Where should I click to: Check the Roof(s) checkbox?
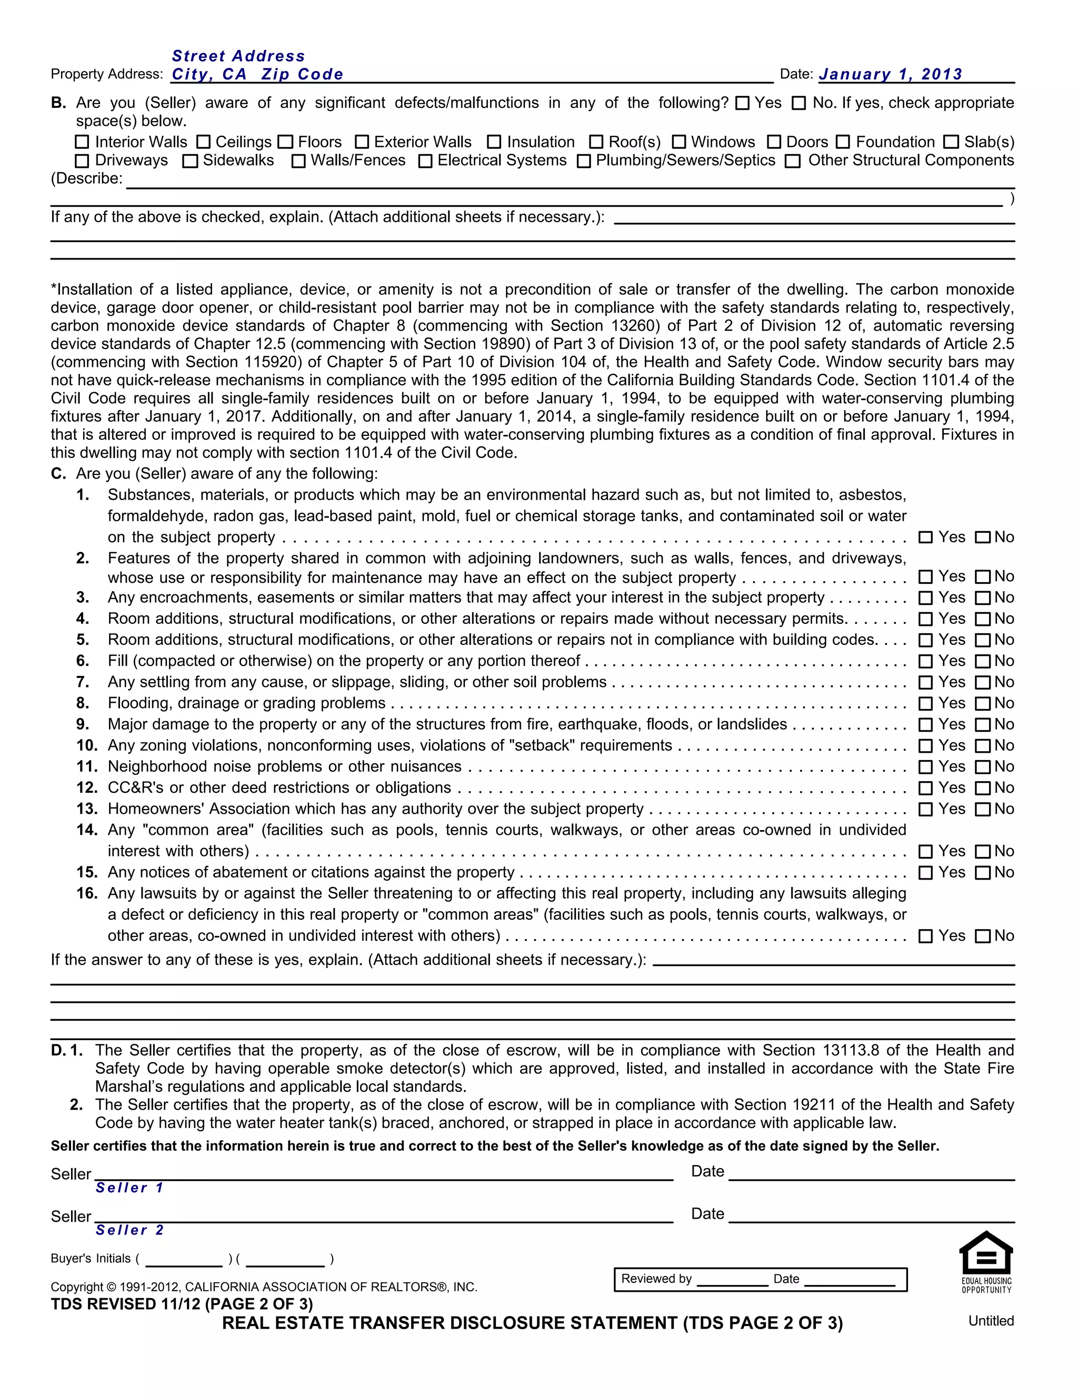[596, 142]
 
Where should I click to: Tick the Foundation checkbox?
[843, 142]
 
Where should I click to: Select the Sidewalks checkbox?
[189, 161]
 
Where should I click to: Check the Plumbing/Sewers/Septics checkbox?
[584, 161]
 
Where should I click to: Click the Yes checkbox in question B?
[742, 104]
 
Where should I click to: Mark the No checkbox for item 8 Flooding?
[983, 704]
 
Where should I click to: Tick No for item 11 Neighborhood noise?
[983, 767]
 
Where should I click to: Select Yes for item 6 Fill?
[925, 662]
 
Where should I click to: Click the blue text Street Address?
[238, 56]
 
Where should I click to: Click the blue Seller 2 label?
[129, 1230]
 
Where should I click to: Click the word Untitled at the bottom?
[991, 1321]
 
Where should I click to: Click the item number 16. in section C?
[87, 894]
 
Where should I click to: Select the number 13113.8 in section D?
[851, 1051]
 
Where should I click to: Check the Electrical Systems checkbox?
[425, 161]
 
